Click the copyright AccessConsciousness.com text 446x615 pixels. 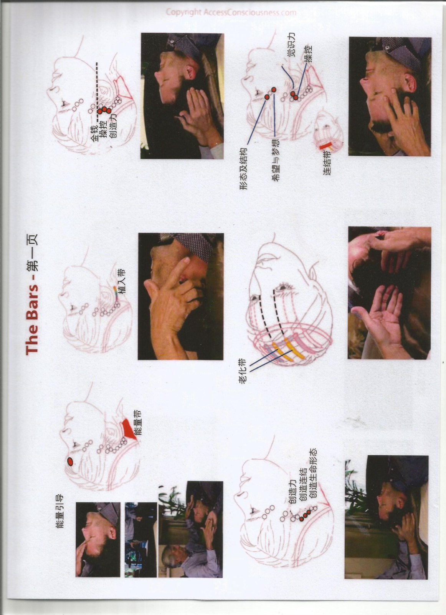(x=231, y=12)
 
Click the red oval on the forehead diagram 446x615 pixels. (x=70, y=462)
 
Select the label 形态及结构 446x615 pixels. (x=243, y=169)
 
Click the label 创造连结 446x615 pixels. (x=303, y=484)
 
